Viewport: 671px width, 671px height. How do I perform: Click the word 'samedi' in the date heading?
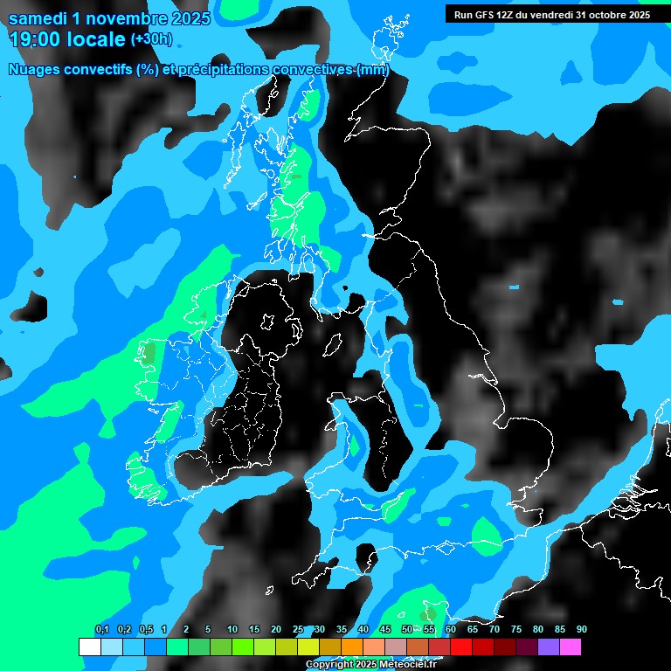click(x=38, y=17)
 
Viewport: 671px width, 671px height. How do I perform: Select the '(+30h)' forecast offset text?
click(x=151, y=38)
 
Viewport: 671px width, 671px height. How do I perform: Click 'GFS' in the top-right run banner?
click(x=482, y=14)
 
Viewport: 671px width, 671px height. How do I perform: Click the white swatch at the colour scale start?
click(x=90, y=647)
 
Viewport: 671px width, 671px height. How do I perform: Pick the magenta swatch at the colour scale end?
click(x=571, y=647)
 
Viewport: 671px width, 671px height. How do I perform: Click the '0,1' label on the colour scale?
click(x=102, y=629)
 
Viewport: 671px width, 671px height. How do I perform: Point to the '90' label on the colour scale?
click(x=582, y=629)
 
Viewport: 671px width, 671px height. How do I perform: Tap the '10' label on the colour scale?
click(x=232, y=629)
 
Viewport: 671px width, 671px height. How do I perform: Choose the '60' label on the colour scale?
click(x=451, y=629)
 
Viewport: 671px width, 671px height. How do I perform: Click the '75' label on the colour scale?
click(x=516, y=629)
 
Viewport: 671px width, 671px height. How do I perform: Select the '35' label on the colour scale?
click(x=342, y=629)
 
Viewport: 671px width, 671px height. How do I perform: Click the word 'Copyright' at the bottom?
click(x=329, y=664)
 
